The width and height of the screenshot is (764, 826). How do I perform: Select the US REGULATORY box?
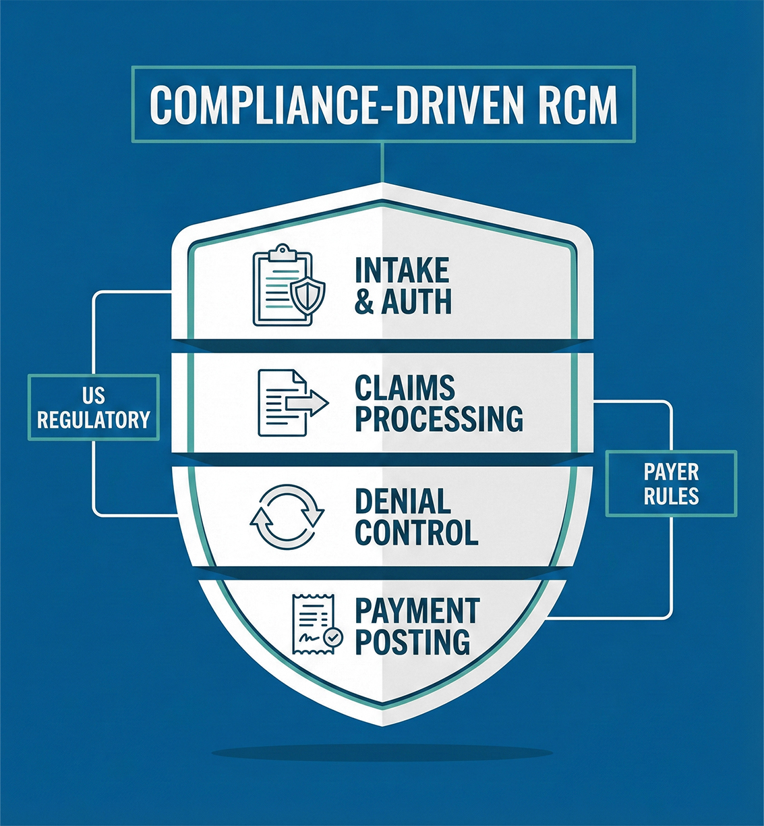click(x=94, y=408)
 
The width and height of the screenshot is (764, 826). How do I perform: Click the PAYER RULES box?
click(x=671, y=484)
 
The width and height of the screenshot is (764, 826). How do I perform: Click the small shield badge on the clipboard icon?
click(x=309, y=294)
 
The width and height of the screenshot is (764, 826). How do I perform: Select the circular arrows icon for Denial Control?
click(x=287, y=516)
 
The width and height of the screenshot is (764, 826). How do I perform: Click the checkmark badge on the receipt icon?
click(x=332, y=636)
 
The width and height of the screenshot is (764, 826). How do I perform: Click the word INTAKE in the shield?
click(x=402, y=271)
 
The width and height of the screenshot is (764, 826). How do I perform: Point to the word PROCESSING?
click(x=439, y=418)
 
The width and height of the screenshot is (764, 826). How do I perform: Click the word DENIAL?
click(x=403, y=501)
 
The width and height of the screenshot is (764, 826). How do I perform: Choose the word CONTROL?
click(x=417, y=532)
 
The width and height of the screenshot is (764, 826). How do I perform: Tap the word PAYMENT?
click(x=417, y=611)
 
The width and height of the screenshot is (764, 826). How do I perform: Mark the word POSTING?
click(x=413, y=641)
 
